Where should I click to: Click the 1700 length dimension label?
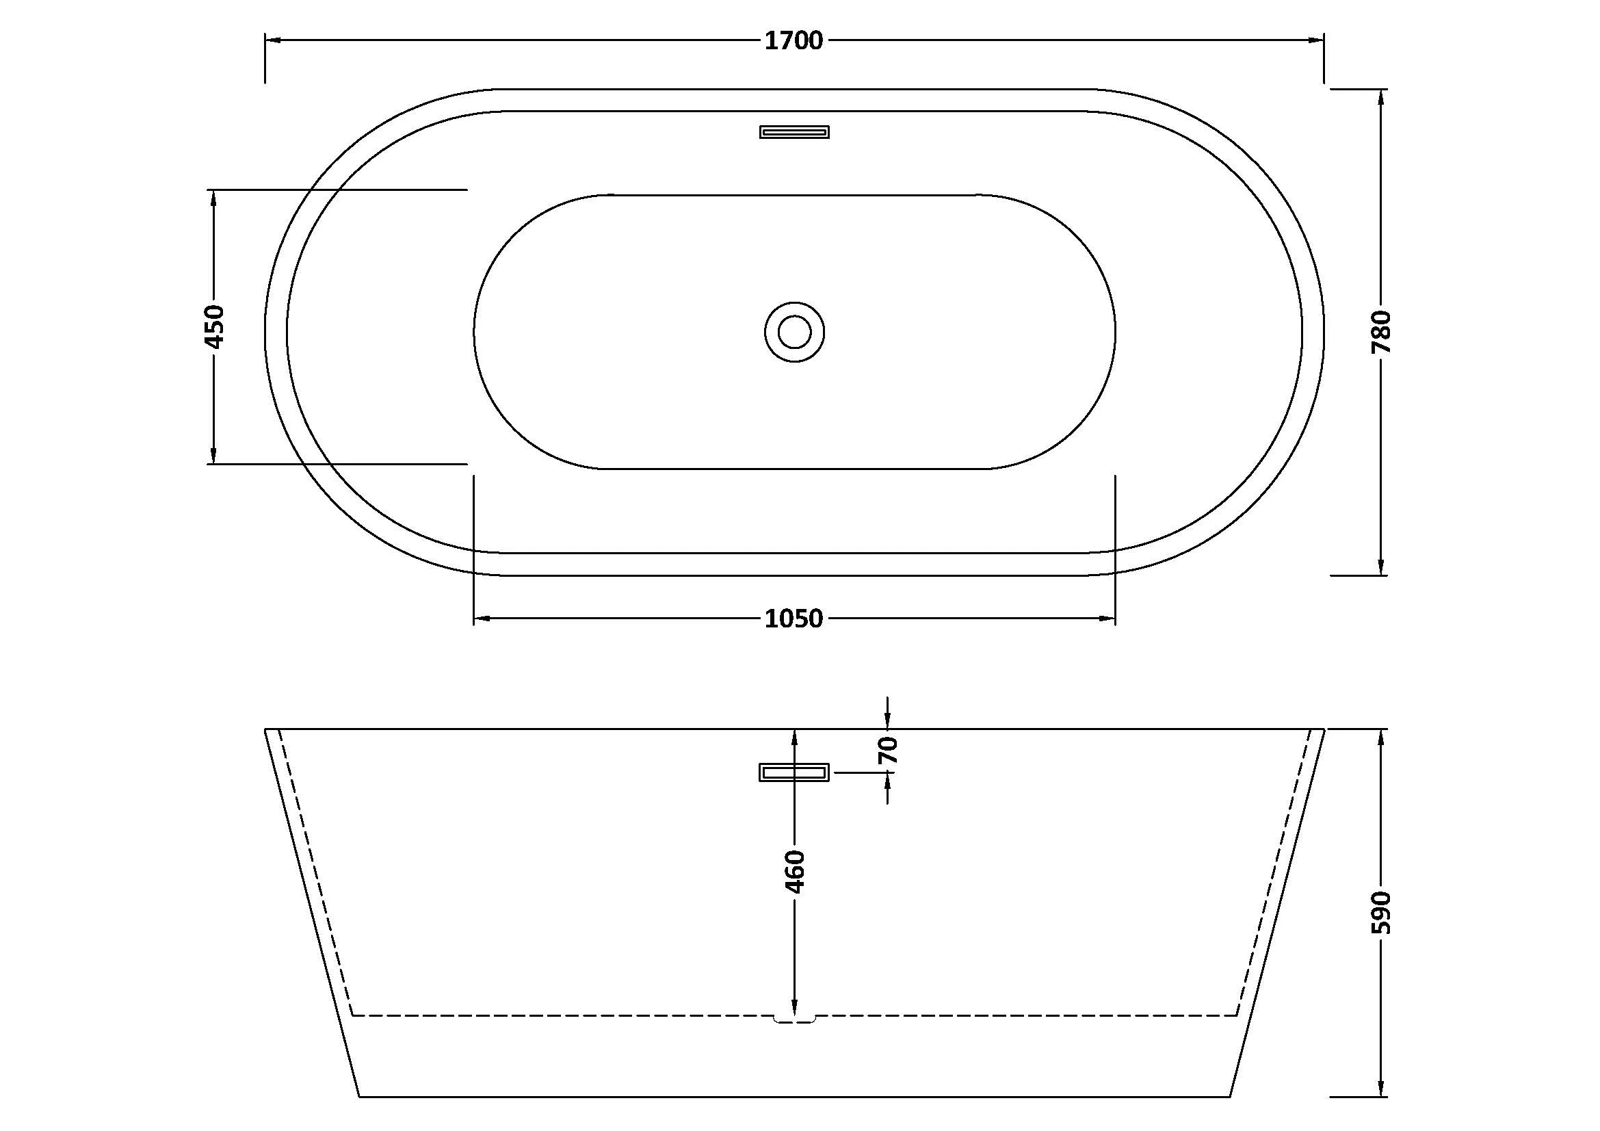pyautogui.click(x=794, y=41)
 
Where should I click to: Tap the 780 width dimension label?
pyautogui.click(x=1381, y=332)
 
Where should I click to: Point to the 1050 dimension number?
pyautogui.click(x=794, y=619)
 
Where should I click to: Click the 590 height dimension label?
pyautogui.click(x=1381, y=912)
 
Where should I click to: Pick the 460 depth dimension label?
pyautogui.click(x=794, y=871)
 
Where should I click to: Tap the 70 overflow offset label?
pyautogui.click(x=888, y=751)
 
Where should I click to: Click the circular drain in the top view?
pyautogui.click(x=794, y=332)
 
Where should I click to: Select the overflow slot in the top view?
pyautogui.click(x=794, y=131)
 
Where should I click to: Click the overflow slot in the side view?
pyautogui.click(x=794, y=772)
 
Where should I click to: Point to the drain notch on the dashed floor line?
pyautogui.click(x=794, y=1019)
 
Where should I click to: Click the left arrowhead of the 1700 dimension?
pyautogui.click(x=273, y=40)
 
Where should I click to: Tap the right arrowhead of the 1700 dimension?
pyautogui.click(x=1315, y=40)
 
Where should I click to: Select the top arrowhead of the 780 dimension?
pyautogui.click(x=1381, y=98)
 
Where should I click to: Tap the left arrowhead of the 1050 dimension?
pyautogui.click(x=482, y=618)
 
